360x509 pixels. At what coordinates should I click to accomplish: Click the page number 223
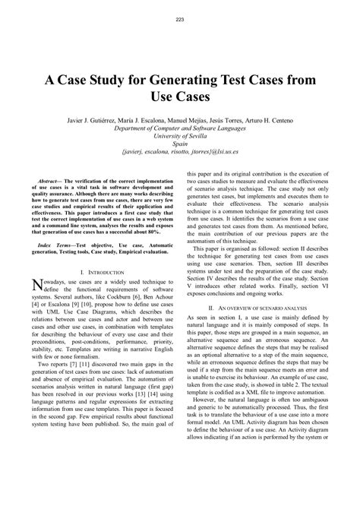(x=179, y=19)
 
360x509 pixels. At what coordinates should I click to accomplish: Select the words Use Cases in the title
(x=180, y=100)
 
